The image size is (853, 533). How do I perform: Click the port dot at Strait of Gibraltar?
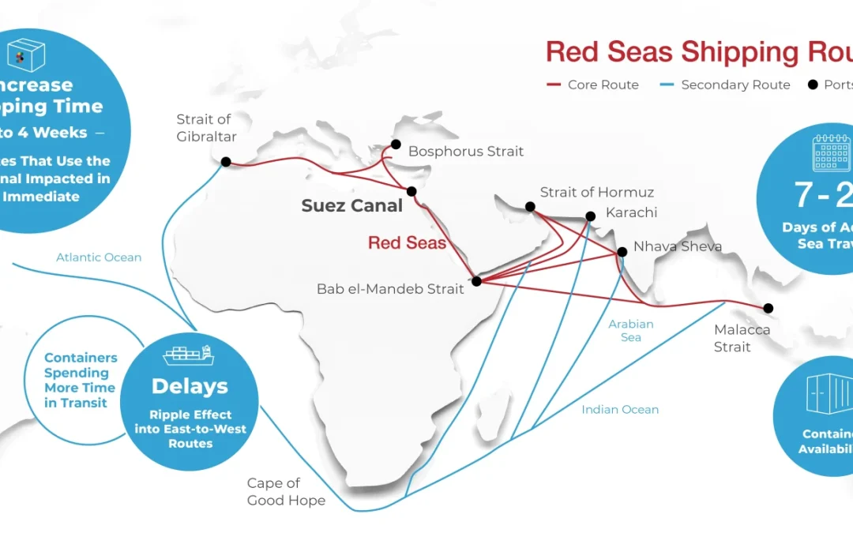pos(226,162)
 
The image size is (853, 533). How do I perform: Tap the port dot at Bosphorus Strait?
pos(396,145)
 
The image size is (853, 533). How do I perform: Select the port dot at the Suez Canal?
pos(411,191)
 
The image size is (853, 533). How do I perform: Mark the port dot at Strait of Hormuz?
pos(530,207)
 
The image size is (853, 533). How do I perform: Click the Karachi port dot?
pos(590,216)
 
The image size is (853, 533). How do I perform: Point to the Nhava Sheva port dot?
pos(622,252)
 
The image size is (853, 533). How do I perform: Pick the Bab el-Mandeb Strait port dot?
pos(476,280)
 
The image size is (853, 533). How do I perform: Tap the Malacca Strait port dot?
pos(768,308)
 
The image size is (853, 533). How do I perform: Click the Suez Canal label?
pos(351,206)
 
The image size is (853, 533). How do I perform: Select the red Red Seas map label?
pos(407,242)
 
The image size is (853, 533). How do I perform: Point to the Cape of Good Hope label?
pos(286,492)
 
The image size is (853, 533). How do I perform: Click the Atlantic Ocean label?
pos(99,257)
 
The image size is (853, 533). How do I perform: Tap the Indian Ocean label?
pos(620,409)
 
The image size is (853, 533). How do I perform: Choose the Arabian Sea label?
pos(631,331)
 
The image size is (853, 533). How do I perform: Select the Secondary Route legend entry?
pos(725,84)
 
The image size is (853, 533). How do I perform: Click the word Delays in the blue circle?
pos(190,386)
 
